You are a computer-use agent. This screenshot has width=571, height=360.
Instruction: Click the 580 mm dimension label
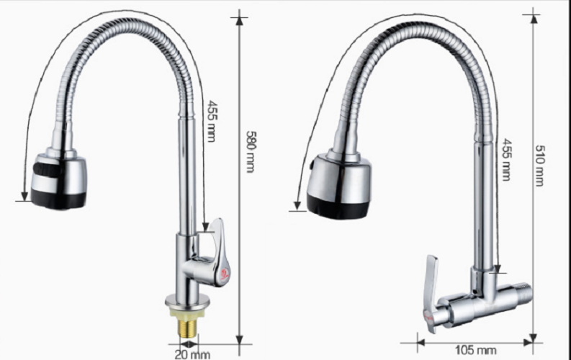click(x=251, y=151)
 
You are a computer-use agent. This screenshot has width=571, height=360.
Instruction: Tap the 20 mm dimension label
click(x=190, y=352)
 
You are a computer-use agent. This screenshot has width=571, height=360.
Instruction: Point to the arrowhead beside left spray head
click(x=24, y=195)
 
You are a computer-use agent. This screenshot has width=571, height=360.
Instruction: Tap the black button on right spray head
click(x=313, y=165)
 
